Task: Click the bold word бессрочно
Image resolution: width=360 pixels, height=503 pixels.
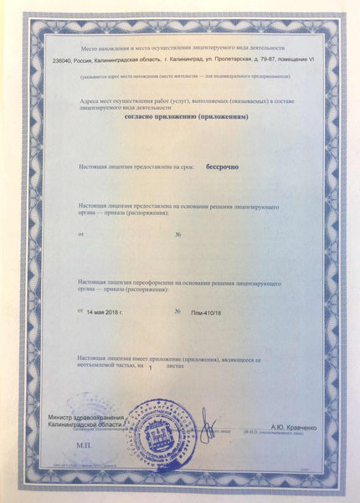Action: pos(222,167)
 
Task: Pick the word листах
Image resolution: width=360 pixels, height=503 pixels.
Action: pos(175,366)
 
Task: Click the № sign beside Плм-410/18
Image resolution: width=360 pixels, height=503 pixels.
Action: pos(177,311)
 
